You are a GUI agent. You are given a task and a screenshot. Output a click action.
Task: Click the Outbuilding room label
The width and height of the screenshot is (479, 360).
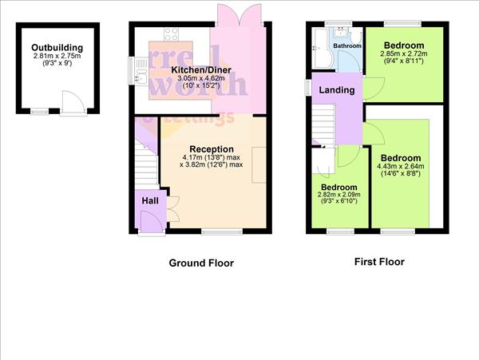pos(58,48)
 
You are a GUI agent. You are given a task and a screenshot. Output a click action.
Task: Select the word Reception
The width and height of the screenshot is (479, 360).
pos(212,148)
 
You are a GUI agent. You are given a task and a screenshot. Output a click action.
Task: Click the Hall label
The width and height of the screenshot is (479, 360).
pos(150,201)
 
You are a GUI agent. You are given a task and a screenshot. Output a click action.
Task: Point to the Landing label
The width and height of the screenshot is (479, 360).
pos(336,90)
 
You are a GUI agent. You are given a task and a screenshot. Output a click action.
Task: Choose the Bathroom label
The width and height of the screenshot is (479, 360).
pos(347,46)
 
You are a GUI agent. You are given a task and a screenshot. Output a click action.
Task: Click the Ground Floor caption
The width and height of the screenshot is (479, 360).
pos(201,263)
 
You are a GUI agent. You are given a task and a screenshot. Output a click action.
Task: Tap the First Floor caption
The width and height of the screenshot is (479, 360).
pos(379,262)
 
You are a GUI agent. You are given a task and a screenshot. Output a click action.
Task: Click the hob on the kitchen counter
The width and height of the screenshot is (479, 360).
pos(172,34)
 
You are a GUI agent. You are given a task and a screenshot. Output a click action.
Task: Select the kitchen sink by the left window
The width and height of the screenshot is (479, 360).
pos(141,77)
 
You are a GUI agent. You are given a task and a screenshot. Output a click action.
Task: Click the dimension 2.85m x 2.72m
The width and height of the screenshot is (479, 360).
pos(402,53)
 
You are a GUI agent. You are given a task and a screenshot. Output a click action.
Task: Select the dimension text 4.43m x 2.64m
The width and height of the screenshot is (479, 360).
pos(402,167)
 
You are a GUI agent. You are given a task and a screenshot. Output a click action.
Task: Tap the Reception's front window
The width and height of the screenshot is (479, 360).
pos(221,232)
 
